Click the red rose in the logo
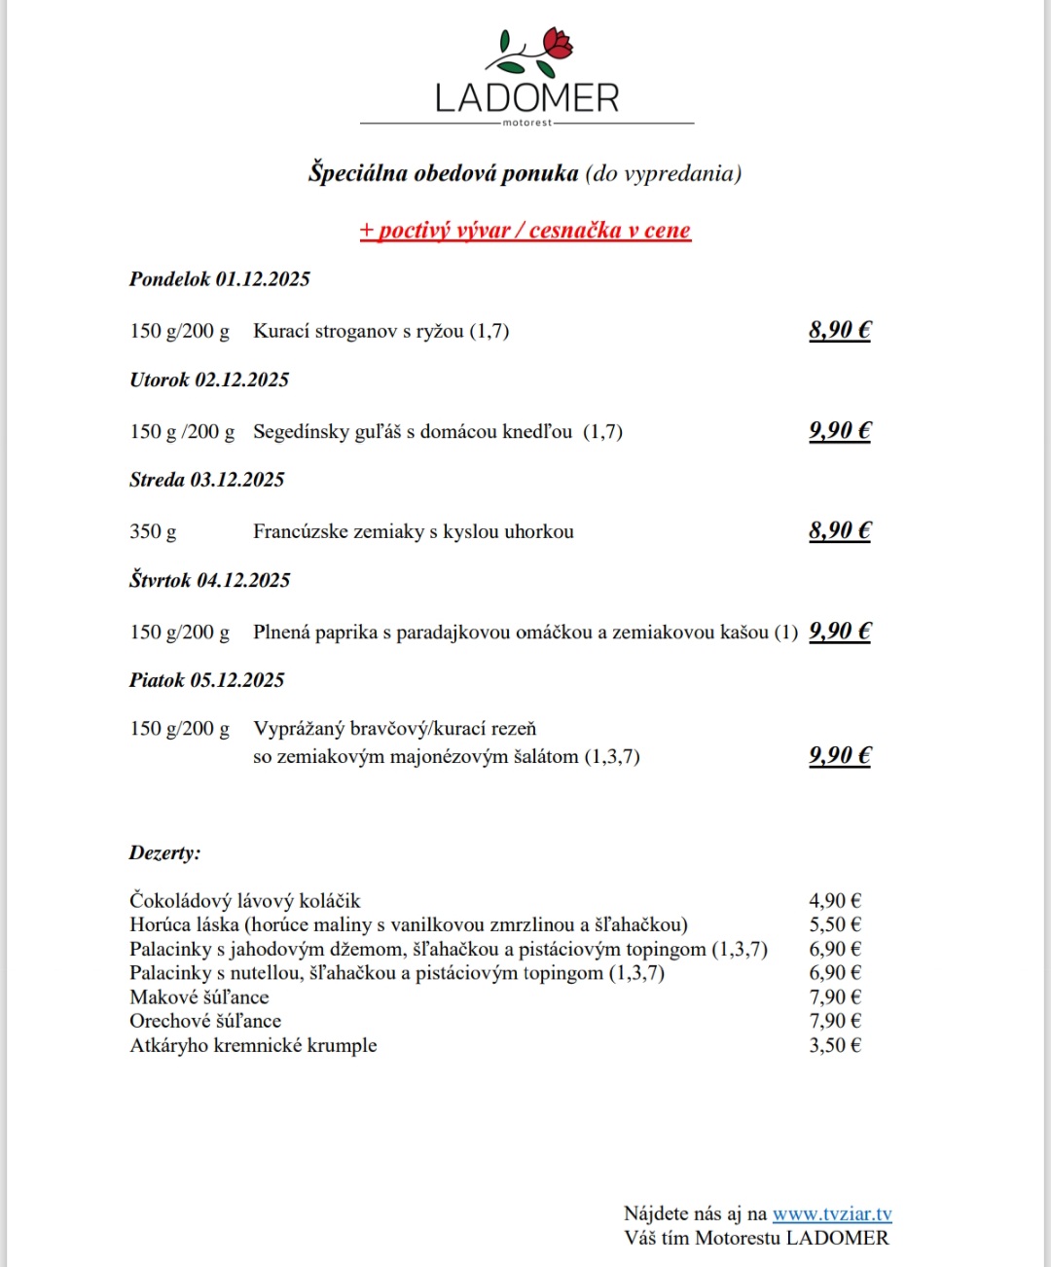click(x=558, y=43)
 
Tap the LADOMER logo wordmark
click(x=526, y=98)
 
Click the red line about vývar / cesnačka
click(x=525, y=231)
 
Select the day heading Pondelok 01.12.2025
click(x=220, y=279)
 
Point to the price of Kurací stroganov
click(x=840, y=330)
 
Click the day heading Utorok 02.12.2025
click(x=209, y=380)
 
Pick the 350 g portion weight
click(x=154, y=531)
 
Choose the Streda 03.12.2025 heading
click(x=207, y=480)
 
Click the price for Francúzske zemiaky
click(x=840, y=530)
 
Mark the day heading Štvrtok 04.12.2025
click(x=210, y=581)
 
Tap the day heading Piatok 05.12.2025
click(x=207, y=680)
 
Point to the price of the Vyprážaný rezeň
click(x=840, y=755)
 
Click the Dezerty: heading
click(x=165, y=853)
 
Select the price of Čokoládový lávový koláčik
click(x=835, y=901)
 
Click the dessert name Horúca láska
click(x=184, y=924)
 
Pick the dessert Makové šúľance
click(x=199, y=997)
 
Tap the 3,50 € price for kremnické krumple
click(x=835, y=1046)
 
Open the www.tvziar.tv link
click(x=832, y=1214)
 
